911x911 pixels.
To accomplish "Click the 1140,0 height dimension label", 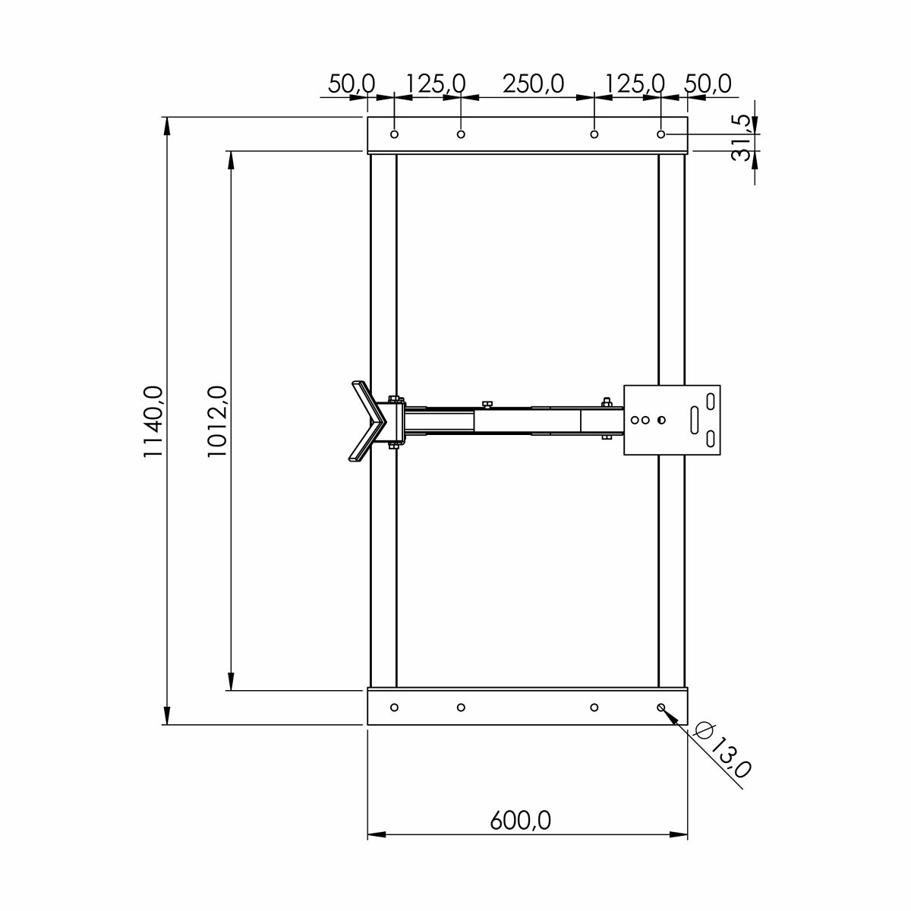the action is pos(153,421).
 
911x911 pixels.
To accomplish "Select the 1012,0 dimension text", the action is pos(217,421).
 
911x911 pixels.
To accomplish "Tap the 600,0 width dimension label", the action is pos(521,820).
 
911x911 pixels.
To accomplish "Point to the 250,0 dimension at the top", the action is pos(533,84).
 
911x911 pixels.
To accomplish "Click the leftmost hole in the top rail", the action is pos(394,134).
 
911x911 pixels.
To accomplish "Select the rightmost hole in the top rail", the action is pos(661,134).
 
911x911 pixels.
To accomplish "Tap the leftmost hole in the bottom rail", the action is pos(394,708).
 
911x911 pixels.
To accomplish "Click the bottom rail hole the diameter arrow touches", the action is pos(661,708).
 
